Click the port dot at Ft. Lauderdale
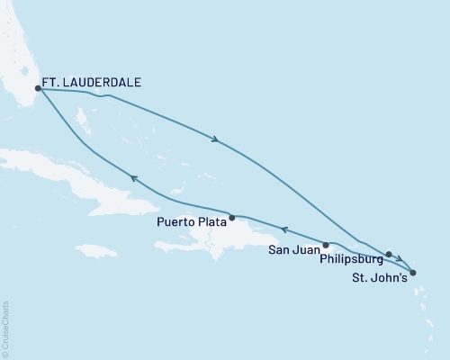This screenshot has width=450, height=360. [x=38, y=88]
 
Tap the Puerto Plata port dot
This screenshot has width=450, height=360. [x=232, y=217]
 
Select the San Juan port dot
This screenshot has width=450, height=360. [x=327, y=244]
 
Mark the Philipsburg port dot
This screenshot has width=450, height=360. [x=389, y=254]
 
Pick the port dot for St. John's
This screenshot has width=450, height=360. [x=412, y=272]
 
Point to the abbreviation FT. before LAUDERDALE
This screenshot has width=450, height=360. [x=53, y=81]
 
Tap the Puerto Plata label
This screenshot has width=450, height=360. [x=190, y=221]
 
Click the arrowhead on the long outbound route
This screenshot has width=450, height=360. [x=215, y=139]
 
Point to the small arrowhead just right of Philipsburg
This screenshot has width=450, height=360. [x=399, y=259]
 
